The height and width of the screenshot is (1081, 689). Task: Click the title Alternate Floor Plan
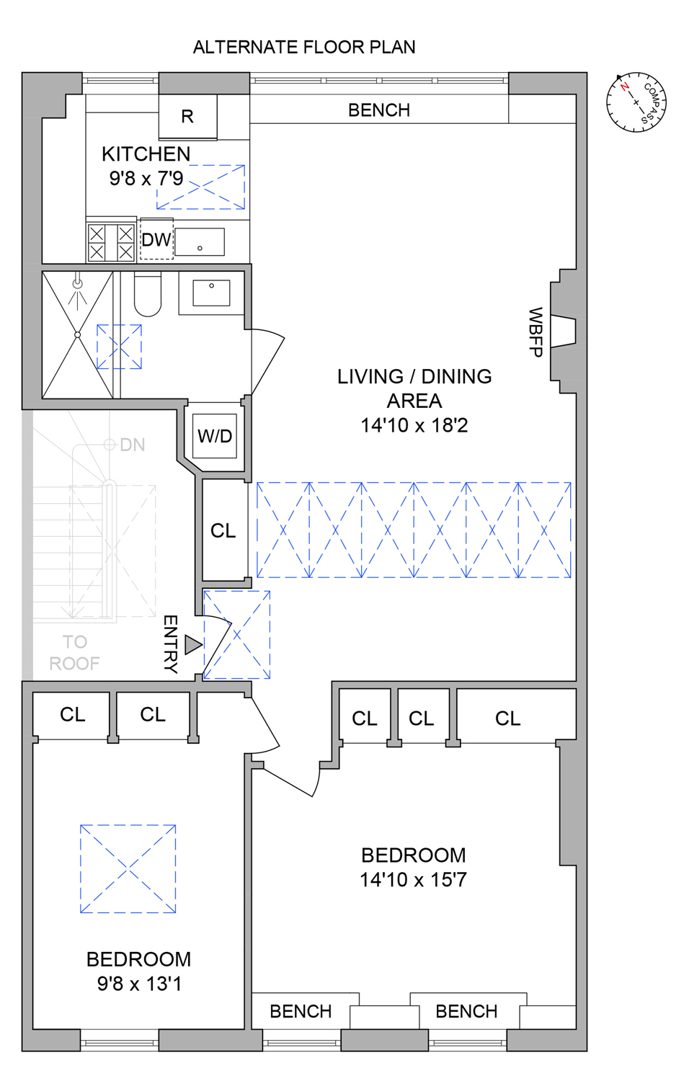303,48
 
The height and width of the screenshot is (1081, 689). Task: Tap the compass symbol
636,102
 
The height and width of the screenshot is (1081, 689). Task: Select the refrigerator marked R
187,116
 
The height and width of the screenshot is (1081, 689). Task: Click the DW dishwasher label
156,240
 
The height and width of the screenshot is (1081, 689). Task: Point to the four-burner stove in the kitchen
111,242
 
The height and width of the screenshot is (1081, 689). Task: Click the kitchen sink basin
200,242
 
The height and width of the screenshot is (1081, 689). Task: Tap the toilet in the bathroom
148,295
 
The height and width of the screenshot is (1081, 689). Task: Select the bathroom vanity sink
211,293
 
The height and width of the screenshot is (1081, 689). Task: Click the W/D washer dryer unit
215,436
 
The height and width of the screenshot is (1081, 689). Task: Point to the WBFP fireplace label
535,332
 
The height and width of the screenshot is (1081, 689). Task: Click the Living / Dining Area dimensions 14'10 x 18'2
414,425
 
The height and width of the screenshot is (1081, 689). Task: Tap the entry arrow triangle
192,644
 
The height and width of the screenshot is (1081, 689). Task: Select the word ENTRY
170,644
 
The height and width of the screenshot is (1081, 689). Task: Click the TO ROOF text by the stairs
74,652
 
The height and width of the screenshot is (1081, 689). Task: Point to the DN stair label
132,445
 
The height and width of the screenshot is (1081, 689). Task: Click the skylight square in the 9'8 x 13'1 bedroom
128,869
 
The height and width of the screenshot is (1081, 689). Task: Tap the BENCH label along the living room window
378,110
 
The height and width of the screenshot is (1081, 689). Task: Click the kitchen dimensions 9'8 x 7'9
146,178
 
